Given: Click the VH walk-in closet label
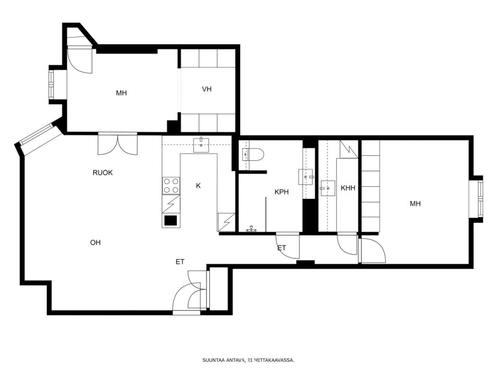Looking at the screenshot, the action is pyautogui.click(x=207, y=89).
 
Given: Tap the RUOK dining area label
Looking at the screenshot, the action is pyautogui.click(x=103, y=172).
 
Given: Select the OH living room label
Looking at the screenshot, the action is pyautogui.click(x=96, y=243).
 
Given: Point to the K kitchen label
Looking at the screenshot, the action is pyautogui.click(x=198, y=186).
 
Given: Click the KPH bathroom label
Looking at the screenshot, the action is pyautogui.click(x=282, y=192).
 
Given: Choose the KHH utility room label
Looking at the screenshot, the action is pyautogui.click(x=348, y=188).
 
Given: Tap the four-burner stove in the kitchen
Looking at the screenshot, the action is pyautogui.click(x=171, y=186).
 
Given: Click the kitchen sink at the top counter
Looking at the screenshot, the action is pyautogui.click(x=201, y=145).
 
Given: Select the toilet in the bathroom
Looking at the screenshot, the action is pyautogui.click(x=253, y=155).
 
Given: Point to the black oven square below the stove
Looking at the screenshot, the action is pyautogui.click(x=171, y=220).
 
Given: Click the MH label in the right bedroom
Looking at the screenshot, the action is pyautogui.click(x=415, y=203).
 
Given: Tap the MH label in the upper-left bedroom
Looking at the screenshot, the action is pyautogui.click(x=121, y=93).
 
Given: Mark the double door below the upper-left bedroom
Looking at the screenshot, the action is pyautogui.click(x=118, y=145).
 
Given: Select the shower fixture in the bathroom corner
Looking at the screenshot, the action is pyautogui.click(x=252, y=229).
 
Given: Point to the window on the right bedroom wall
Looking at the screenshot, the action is pyautogui.click(x=481, y=198).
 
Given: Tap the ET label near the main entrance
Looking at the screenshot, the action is pyautogui.click(x=180, y=262).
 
